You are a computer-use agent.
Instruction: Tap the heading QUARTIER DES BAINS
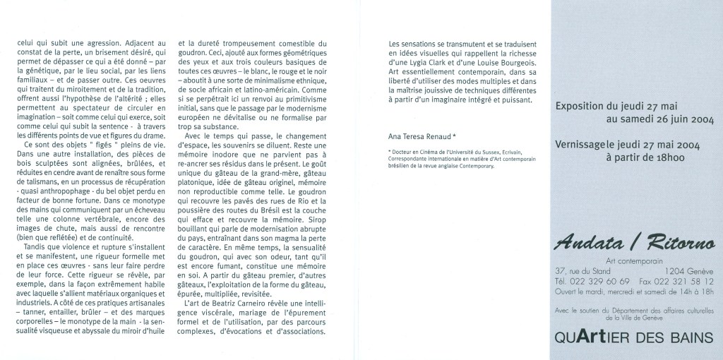(x=634, y=338)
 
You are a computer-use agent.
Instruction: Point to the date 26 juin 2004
(x=679, y=120)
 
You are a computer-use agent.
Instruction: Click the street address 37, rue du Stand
(x=583, y=271)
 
